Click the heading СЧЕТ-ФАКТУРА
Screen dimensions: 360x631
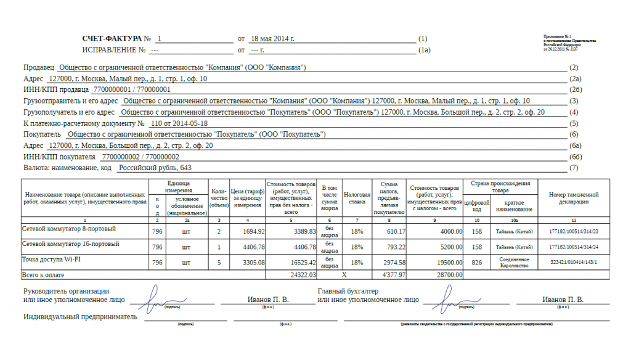[112, 38]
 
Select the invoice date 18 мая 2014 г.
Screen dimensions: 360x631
[273, 38]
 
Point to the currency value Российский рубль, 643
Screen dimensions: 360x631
[155, 168]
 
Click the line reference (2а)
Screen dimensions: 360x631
[576, 79]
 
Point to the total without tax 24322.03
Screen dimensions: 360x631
[303, 275]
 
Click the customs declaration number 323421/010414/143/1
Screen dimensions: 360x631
[573, 263]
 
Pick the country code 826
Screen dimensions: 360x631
[476, 263]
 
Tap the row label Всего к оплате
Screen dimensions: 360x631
[43, 274]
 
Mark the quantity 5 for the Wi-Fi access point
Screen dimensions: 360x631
[219, 263]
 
